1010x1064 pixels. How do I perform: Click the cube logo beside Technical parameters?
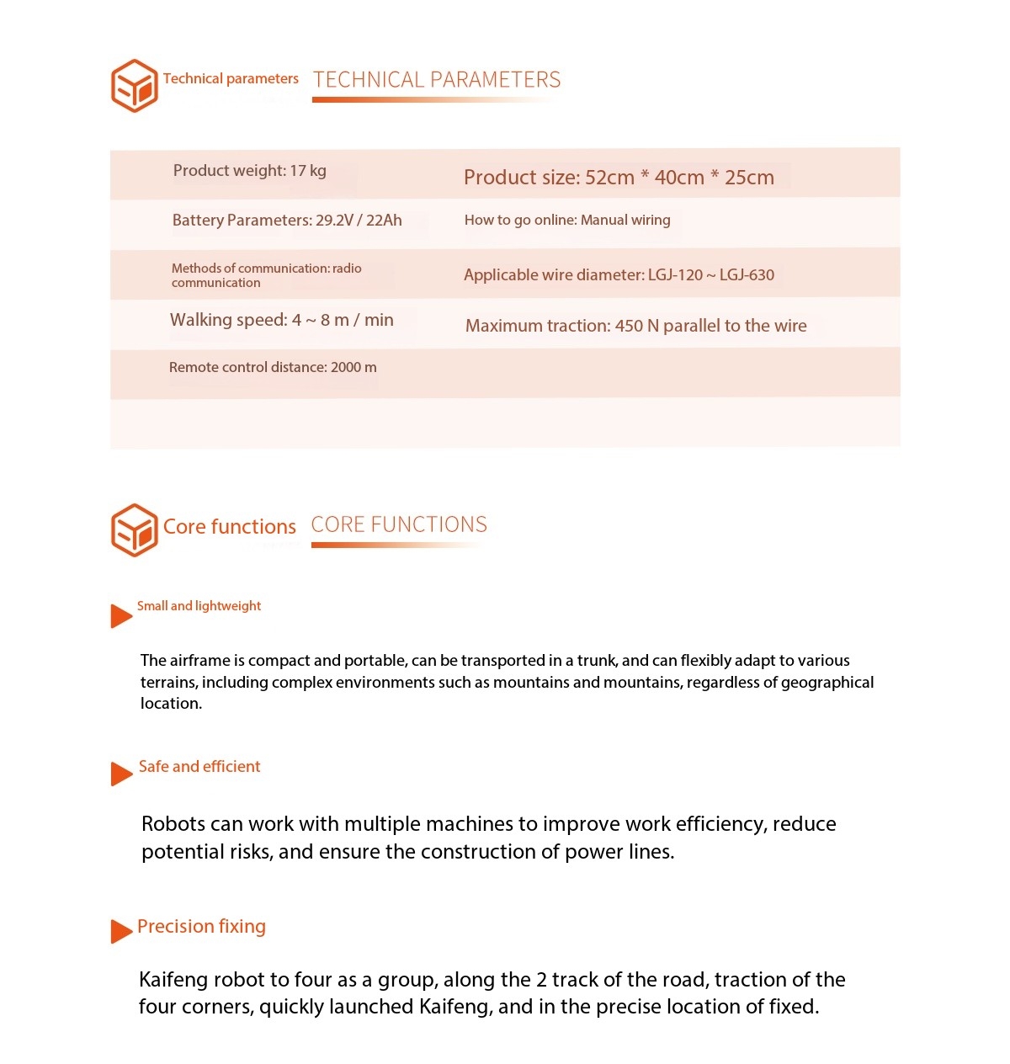point(135,86)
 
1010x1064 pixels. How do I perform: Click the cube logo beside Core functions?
point(135,530)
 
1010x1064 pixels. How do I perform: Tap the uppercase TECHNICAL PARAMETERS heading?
point(437,80)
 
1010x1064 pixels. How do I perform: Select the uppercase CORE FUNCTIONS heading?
point(399,524)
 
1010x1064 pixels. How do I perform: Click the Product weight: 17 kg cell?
point(249,171)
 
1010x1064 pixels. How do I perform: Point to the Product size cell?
point(619,178)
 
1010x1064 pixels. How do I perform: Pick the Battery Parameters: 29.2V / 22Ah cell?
point(287,221)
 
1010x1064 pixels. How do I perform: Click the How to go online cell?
point(567,221)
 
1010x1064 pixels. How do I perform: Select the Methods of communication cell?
point(266,275)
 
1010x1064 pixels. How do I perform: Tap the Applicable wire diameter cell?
point(619,275)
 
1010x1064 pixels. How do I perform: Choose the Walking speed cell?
point(281,320)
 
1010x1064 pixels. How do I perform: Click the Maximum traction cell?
point(635,326)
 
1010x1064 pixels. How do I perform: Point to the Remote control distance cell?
point(273,368)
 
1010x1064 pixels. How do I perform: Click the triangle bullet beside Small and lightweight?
point(120,616)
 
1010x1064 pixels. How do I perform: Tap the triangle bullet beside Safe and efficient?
point(120,774)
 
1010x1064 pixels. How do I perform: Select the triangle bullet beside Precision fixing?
point(120,931)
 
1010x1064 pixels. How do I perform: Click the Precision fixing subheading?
point(201,927)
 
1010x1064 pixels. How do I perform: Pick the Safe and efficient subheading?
point(199,767)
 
